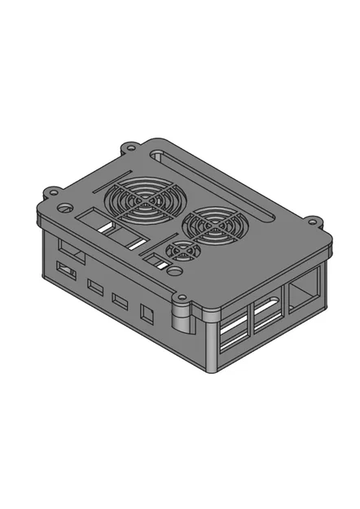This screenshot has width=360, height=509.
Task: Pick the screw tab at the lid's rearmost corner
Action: coord(129,149)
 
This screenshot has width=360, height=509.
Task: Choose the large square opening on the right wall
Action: coord(303,294)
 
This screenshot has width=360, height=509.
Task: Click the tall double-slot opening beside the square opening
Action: coord(267,315)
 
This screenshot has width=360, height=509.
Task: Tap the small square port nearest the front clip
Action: coord(147,313)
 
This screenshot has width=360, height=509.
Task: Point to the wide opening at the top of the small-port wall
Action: coord(70,250)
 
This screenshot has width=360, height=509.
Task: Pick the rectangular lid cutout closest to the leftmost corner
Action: coord(92,219)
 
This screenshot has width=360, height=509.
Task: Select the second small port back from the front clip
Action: coord(121,301)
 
